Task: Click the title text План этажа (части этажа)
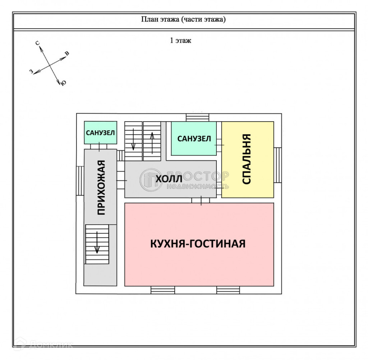click(x=183, y=19)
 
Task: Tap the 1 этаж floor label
click(x=180, y=40)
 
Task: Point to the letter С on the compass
click(x=37, y=43)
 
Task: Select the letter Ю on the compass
click(x=63, y=83)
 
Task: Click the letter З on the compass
click(x=31, y=72)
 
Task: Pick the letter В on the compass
click(x=67, y=54)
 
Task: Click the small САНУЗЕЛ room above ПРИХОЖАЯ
click(x=101, y=132)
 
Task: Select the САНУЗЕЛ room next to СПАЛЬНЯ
click(x=194, y=139)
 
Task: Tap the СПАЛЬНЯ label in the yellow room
click(x=247, y=159)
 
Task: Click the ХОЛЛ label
click(x=167, y=178)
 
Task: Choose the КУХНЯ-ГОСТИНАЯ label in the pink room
click(x=198, y=244)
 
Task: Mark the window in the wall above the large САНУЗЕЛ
click(x=197, y=117)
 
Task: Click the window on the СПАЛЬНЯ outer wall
click(x=277, y=165)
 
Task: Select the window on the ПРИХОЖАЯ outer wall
click(x=80, y=181)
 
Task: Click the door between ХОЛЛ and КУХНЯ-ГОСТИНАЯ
click(x=201, y=200)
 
